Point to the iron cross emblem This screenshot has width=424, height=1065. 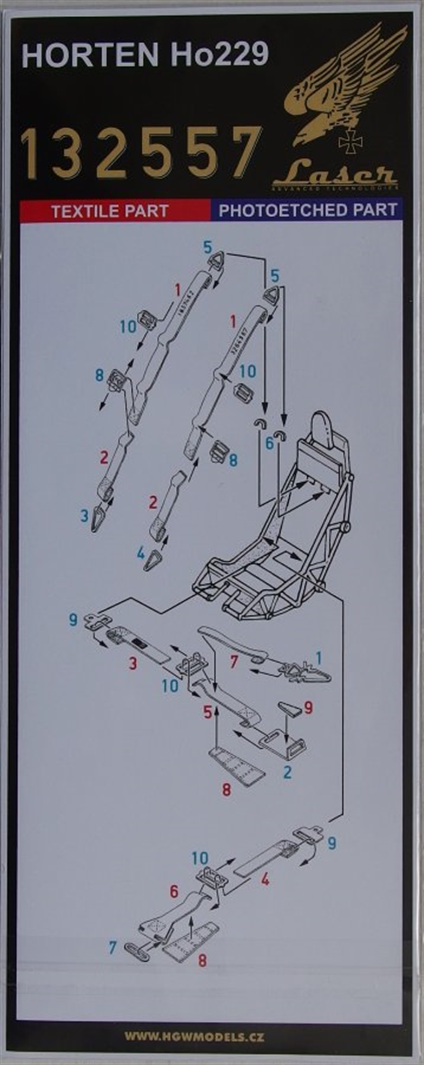[x=350, y=142]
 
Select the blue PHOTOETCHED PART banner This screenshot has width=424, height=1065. [x=308, y=210]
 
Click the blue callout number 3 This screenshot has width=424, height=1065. [x=84, y=515]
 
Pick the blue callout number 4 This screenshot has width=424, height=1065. [x=141, y=553]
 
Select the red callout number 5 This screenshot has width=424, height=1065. [x=208, y=712]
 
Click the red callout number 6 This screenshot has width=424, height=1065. [x=174, y=891]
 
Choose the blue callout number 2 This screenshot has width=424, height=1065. [x=288, y=771]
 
